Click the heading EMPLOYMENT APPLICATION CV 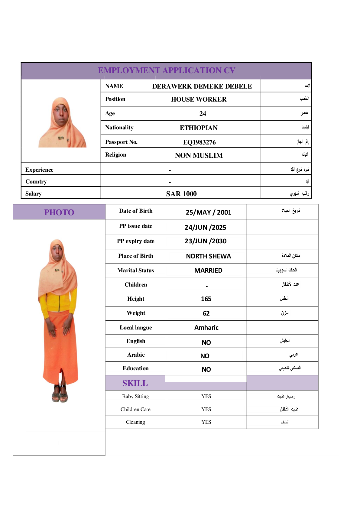(167, 70)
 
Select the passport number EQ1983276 (199, 142)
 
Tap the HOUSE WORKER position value (199, 99)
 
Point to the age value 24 (203, 114)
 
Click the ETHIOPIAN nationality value (199, 128)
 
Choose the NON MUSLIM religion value (199, 155)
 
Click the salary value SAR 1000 (181, 194)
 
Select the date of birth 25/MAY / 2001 (208, 212)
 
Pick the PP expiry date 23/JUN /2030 (205, 241)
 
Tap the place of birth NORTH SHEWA (208, 256)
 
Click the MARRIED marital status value (208, 271)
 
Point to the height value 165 (206, 299)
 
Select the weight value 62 (206, 313)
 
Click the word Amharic (206, 328)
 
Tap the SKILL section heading (135, 383)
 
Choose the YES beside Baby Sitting (206, 396)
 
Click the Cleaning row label (135, 422)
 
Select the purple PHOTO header (59, 212)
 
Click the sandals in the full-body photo (60, 394)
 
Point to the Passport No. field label (121, 142)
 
